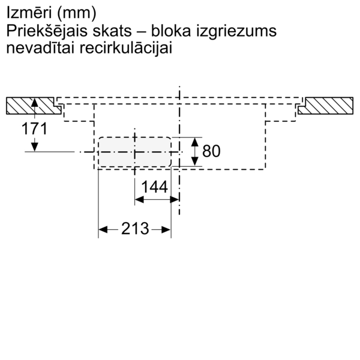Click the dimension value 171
[x=34, y=128]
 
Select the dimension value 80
[x=211, y=151]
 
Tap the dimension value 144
[x=155, y=187]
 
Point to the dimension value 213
[x=135, y=229]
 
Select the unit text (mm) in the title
[x=76, y=13]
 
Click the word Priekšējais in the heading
[x=47, y=31]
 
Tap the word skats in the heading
[x=112, y=31]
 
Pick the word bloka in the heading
[x=171, y=31]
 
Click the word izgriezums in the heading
[x=236, y=32]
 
